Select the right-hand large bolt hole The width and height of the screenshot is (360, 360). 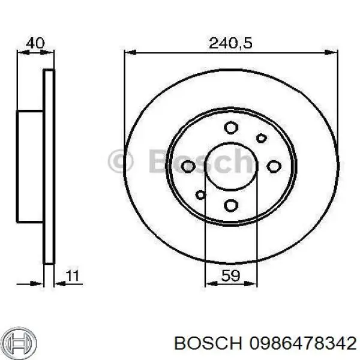(x=274, y=166)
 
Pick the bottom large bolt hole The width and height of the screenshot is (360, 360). (x=232, y=206)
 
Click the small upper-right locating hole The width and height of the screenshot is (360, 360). (x=261, y=138)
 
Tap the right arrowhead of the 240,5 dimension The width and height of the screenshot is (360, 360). (x=334, y=53)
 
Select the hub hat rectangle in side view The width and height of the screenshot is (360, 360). (x=30, y=166)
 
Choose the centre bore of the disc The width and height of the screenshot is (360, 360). (x=232, y=166)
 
